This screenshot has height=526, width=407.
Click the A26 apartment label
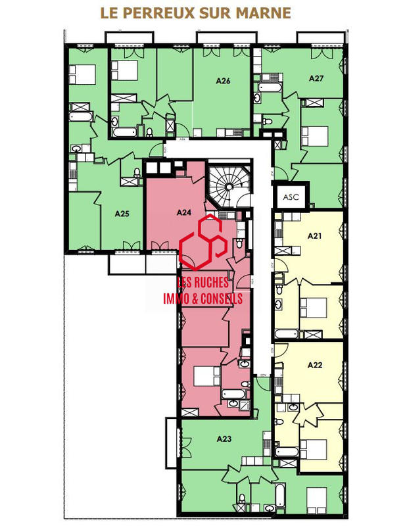coord(223,82)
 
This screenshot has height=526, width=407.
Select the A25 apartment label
coord(121,214)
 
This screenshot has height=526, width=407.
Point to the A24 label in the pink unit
coord(184,212)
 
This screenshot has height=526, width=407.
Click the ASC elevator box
coord(290,197)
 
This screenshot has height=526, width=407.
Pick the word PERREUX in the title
coord(157,13)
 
